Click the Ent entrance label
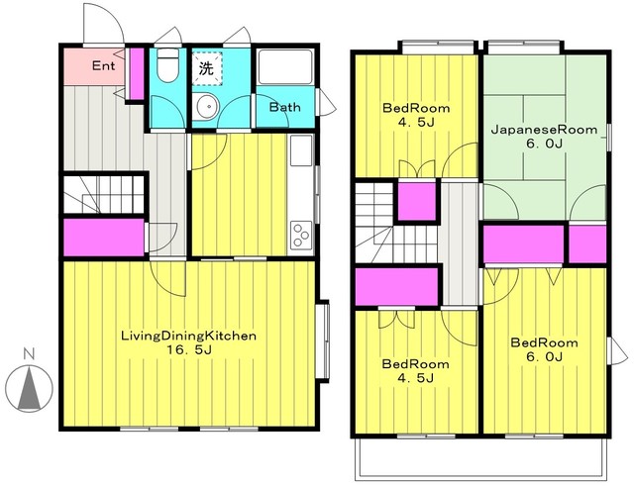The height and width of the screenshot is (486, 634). [103, 65]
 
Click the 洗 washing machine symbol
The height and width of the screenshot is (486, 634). [206, 68]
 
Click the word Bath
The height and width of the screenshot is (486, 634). [285, 107]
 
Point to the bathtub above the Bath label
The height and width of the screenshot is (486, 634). [285, 66]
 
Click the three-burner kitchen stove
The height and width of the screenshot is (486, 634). [301, 236]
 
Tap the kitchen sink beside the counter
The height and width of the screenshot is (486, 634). [301, 150]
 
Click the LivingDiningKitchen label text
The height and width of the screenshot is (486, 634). [189, 337]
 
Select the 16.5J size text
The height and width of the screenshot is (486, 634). [189, 349]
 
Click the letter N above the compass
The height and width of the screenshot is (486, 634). [29, 354]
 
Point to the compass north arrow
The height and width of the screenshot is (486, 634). [30, 387]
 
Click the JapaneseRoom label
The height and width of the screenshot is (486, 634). [544, 130]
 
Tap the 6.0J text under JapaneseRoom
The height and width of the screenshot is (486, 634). [544, 144]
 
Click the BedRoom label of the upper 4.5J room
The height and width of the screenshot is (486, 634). [416, 108]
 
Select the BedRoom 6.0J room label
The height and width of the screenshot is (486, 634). [544, 349]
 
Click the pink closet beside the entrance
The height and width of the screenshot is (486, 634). [137, 74]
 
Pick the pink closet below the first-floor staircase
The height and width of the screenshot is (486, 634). [104, 238]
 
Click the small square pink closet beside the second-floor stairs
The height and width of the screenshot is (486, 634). [417, 202]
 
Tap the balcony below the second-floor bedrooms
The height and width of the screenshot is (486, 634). [481, 459]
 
